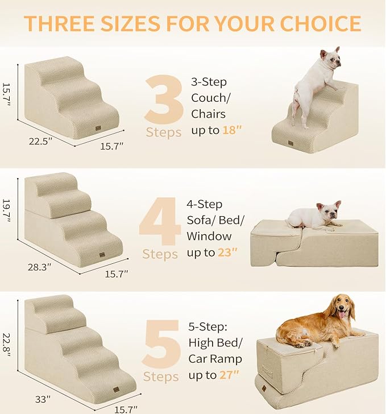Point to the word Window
point(209,235)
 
